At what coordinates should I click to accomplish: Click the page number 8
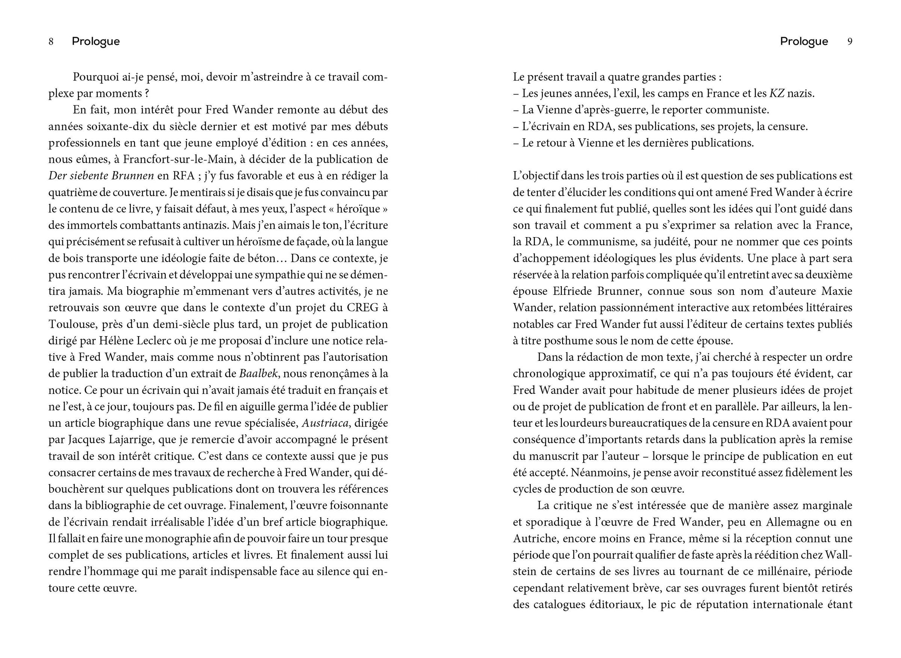51,42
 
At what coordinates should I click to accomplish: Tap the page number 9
850,42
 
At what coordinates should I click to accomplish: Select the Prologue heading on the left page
96,41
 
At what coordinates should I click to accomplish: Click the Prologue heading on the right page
804,41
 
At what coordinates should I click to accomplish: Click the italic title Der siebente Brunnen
101,176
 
